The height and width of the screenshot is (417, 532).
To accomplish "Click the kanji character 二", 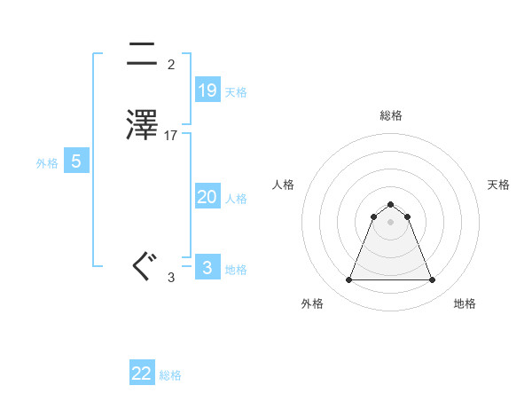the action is [143, 54].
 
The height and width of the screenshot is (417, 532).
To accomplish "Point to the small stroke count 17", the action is [171, 136].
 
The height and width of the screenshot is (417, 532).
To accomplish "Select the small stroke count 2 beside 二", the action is [170, 65].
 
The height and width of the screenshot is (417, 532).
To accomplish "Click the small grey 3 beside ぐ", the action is [171, 278].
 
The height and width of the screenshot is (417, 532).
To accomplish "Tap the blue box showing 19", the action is [207, 90].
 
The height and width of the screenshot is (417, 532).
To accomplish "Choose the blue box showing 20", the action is [207, 197].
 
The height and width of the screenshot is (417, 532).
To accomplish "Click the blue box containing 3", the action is [207, 268].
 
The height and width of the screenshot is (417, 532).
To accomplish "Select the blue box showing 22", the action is [142, 374].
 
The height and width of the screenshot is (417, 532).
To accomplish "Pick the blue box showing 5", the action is [76, 161].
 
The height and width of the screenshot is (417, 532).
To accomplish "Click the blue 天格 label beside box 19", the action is [236, 92].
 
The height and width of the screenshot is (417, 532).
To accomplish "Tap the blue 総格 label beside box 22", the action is [170, 375].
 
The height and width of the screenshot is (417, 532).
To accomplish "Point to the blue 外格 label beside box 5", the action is [47, 163].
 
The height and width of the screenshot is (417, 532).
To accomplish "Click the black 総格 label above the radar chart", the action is [390, 115].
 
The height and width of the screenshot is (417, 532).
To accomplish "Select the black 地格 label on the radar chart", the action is [465, 303].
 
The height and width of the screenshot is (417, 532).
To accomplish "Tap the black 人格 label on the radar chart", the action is [283, 185].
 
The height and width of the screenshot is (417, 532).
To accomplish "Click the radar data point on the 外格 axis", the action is [348, 280].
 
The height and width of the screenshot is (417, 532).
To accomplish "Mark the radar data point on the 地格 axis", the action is [432, 280].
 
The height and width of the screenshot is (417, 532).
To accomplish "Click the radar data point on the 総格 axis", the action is [390, 202].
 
